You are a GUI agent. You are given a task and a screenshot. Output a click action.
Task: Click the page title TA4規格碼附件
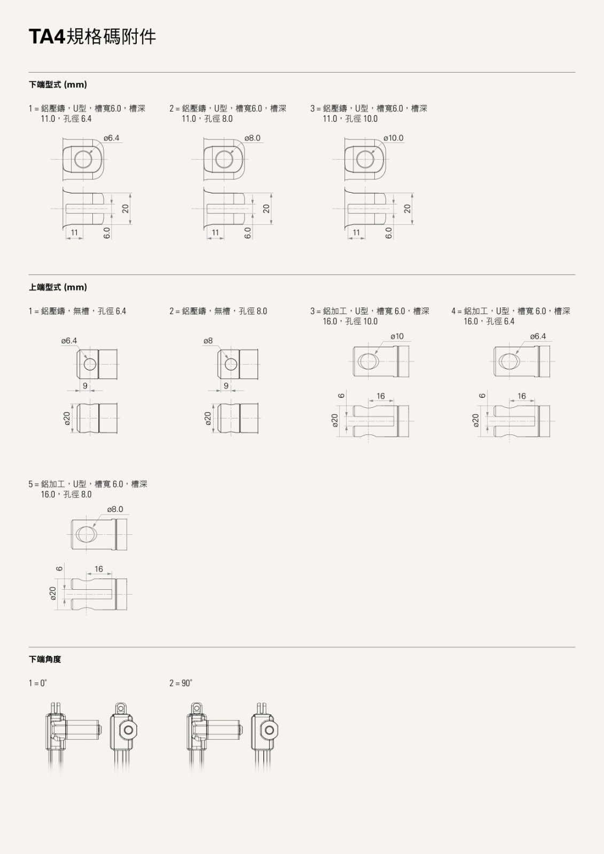(92, 37)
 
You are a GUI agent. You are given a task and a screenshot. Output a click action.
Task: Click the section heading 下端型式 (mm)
(58, 85)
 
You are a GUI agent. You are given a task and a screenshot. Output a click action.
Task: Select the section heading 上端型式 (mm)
(58, 287)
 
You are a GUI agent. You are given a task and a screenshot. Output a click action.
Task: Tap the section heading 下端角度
(45, 659)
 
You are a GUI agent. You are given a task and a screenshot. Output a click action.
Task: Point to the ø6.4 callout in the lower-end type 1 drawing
(112, 138)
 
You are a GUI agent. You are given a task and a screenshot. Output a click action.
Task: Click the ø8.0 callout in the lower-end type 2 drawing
(253, 138)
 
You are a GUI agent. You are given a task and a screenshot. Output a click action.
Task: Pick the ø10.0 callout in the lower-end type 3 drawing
(394, 138)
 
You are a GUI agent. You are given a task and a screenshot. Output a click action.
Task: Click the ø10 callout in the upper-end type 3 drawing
(397, 336)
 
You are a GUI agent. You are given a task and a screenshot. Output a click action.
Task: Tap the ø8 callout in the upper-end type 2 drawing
(208, 341)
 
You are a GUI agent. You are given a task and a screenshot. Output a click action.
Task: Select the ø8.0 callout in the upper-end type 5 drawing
(115, 509)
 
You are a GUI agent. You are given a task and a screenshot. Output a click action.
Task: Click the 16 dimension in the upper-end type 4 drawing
(522, 396)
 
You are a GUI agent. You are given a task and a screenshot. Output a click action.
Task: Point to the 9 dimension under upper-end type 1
(85, 386)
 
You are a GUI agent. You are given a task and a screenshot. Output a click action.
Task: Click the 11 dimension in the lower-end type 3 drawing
(356, 233)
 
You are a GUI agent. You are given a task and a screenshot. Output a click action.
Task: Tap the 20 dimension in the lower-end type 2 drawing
(266, 209)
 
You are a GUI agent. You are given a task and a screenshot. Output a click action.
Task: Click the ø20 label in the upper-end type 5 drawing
(53, 593)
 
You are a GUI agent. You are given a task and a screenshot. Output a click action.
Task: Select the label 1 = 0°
(38, 683)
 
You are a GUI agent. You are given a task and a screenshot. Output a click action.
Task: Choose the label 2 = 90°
(181, 683)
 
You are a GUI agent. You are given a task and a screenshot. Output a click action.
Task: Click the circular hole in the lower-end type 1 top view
(83, 160)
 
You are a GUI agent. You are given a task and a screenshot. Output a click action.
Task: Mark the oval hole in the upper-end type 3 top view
(368, 361)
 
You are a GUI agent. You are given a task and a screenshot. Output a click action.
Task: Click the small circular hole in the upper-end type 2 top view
(231, 365)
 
